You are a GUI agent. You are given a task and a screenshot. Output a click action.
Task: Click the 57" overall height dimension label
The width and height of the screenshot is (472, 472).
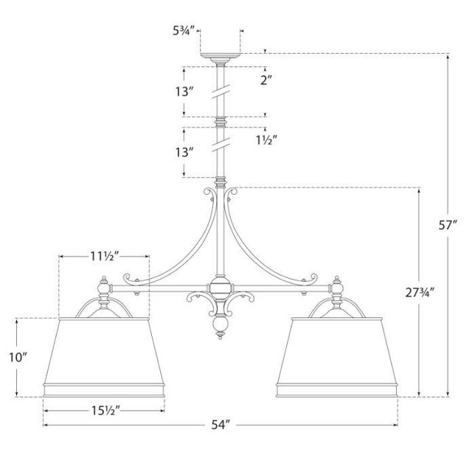click(x=448, y=225)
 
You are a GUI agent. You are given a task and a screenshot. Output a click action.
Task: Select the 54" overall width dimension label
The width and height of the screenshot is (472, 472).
click(x=221, y=425)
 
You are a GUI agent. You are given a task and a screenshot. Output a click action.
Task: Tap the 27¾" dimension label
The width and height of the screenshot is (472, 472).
click(x=420, y=292)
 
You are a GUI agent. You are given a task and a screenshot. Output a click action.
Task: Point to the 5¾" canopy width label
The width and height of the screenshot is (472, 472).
click(x=182, y=31)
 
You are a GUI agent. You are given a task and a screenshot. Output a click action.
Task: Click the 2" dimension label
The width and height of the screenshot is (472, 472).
click(x=266, y=80)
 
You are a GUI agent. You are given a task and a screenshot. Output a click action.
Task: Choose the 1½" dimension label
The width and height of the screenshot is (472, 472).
click(x=266, y=140)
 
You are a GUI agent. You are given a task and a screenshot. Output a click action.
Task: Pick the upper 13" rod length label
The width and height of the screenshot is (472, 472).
click(x=184, y=91)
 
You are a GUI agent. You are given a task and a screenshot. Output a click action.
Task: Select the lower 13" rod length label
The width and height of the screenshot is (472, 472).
click(x=184, y=153)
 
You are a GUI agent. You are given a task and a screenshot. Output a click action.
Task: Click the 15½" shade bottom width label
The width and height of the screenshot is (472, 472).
click(x=105, y=410)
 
